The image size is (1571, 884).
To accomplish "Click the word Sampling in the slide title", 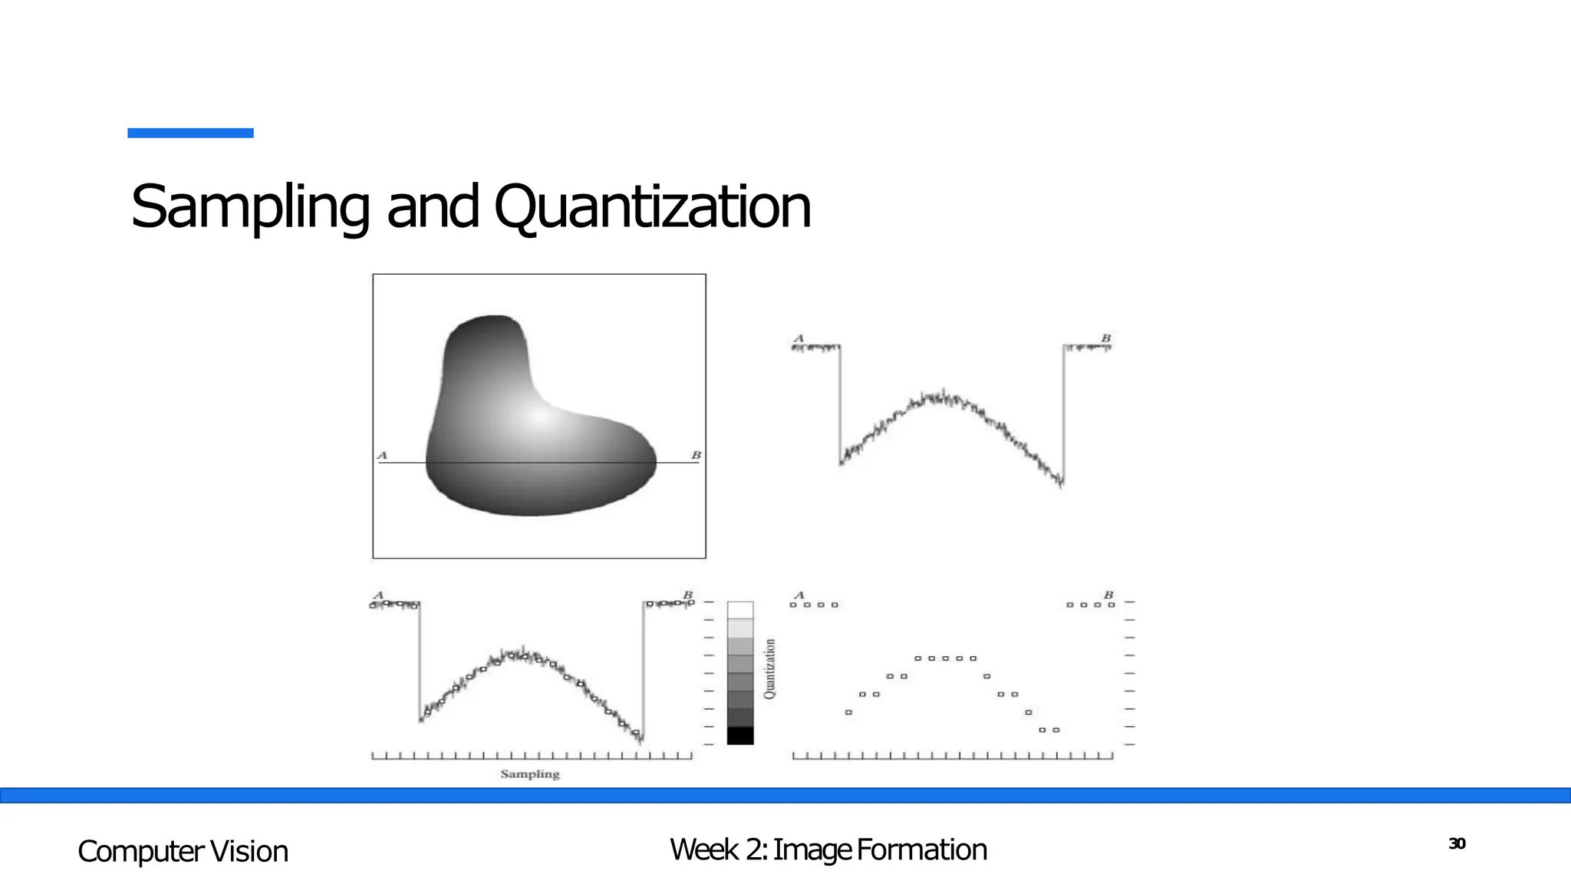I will (250, 207).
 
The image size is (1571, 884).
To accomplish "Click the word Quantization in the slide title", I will (652, 207).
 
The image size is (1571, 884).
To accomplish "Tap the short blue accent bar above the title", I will (190, 133).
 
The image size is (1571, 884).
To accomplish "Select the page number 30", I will (1457, 844).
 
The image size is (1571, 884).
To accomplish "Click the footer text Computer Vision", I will (183, 852).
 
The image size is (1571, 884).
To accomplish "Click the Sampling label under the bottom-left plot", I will (530, 774).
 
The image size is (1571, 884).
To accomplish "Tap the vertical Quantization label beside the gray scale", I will (770, 668).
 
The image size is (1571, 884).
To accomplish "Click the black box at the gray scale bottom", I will (740, 735).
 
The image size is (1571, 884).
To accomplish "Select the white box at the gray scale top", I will (740, 610).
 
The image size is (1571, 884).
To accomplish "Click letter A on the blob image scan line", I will (382, 456).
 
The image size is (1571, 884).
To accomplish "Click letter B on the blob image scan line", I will (697, 456).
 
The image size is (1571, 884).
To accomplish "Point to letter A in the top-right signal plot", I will (799, 338).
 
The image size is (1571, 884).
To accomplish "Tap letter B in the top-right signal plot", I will (1106, 338).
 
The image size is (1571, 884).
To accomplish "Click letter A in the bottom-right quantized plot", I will (799, 595).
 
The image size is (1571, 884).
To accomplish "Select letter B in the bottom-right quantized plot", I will (1108, 595).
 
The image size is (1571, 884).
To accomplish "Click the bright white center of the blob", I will (538, 417).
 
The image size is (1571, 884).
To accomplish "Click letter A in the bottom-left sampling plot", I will (378, 595).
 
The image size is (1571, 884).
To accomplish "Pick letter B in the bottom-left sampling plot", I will (688, 595).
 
